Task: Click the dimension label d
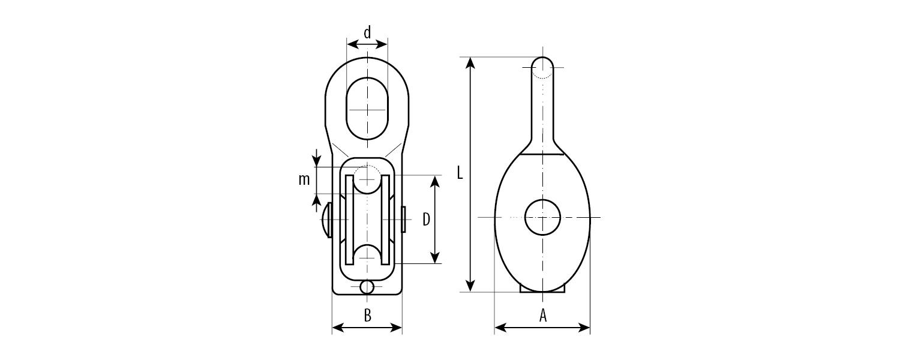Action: [x=367, y=32]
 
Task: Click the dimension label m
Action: [x=304, y=180]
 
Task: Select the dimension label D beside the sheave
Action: [x=426, y=220]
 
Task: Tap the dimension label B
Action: [x=367, y=316]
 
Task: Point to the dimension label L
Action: [x=460, y=173]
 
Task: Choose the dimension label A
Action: [x=543, y=316]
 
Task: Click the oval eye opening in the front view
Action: [x=367, y=109]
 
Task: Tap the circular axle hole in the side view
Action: [x=542, y=217]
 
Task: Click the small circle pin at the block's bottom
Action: [x=367, y=287]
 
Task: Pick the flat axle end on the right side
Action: [x=403, y=220]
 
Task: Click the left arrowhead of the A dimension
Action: [x=500, y=328]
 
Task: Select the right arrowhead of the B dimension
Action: [x=396, y=328]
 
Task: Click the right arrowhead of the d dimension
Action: [x=382, y=44]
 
